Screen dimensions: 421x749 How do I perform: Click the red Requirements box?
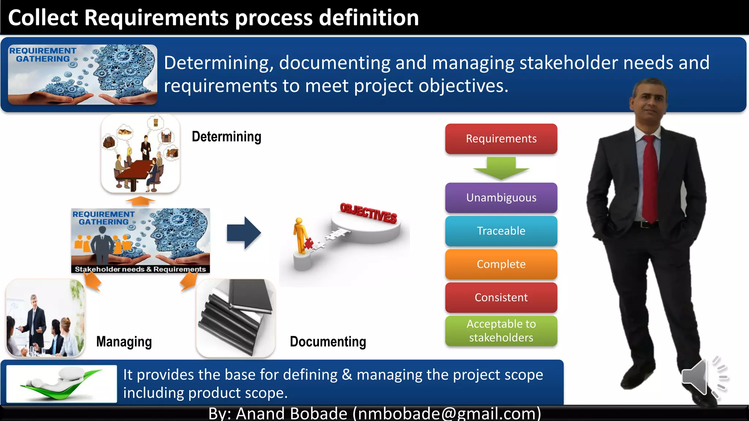tap(501, 139)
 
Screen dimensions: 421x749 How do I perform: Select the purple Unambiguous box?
tap(501, 198)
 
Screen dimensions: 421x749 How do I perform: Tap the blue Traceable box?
tap(501, 231)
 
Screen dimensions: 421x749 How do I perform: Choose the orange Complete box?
tap(501, 264)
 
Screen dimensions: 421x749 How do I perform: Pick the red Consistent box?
tap(501, 297)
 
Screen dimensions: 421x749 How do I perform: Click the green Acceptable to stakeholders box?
tap(501, 331)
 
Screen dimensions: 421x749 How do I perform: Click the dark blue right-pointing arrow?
tap(244, 233)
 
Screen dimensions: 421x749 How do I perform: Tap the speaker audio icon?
tap(704, 376)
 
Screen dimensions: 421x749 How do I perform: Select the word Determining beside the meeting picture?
tap(226, 137)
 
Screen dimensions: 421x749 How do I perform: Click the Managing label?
tap(124, 342)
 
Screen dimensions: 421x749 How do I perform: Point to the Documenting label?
tap(328, 342)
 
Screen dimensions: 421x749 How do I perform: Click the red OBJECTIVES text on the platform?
tap(368, 213)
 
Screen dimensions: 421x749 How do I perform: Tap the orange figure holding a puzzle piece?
tap(301, 236)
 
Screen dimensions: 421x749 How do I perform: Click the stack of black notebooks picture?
tap(236, 318)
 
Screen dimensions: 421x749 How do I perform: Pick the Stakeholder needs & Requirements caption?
tap(140, 269)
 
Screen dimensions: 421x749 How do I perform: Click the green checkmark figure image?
tap(61, 384)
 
